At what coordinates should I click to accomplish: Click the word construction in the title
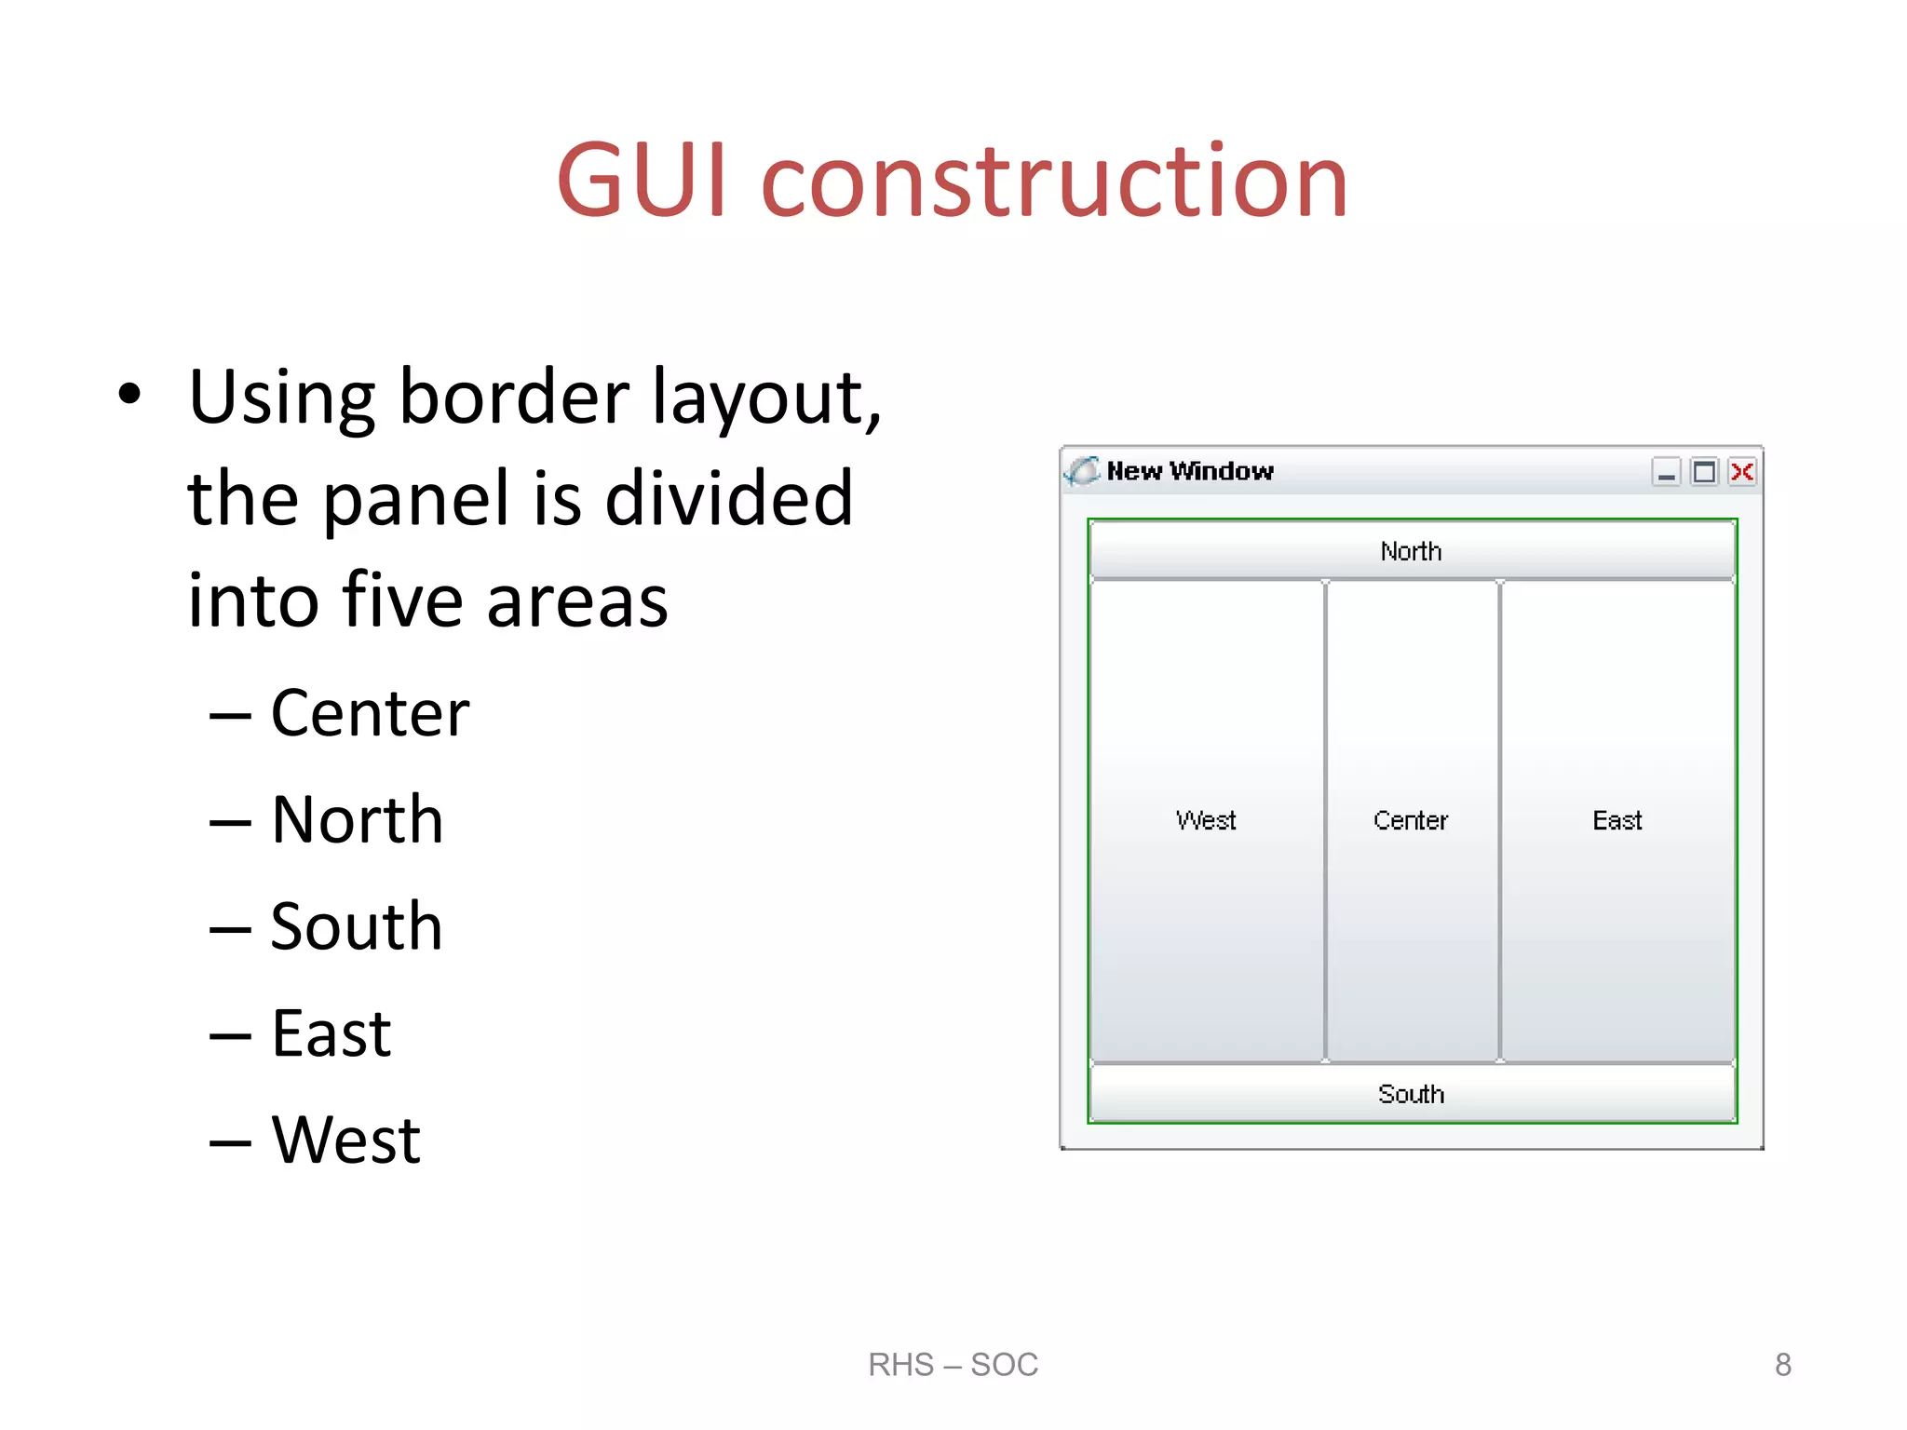click(1054, 181)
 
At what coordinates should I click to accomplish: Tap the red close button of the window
click(1741, 472)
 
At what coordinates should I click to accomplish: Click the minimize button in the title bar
click(1666, 473)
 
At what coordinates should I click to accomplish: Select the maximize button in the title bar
click(1703, 472)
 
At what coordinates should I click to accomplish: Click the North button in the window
click(1411, 551)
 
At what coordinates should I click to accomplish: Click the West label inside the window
click(1206, 820)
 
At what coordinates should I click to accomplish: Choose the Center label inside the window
click(1411, 820)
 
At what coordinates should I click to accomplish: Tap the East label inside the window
click(1617, 820)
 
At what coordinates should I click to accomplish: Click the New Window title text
click(1189, 471)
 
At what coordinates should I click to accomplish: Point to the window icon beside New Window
click(1082, 471)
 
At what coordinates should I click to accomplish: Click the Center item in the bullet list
click(370, 714)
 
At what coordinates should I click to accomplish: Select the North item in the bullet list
click(357, 820)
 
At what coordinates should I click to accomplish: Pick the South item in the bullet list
click(356, 927)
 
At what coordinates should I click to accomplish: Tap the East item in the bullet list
click(331, 1033)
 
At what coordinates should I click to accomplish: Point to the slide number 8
click(1782, 1365)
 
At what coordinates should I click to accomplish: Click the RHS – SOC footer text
click(953, 1365)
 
